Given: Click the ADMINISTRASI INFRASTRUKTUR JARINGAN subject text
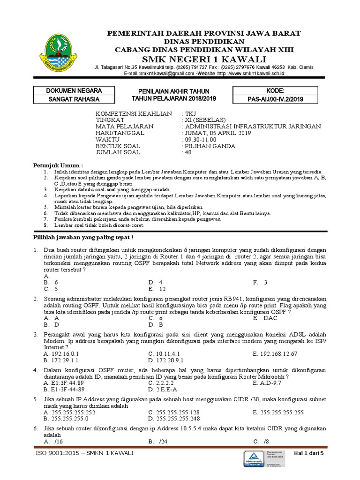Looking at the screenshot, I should pyautogui.click(x=253, y=127).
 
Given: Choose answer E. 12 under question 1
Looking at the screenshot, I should pyautogui.click(x=157, y=289).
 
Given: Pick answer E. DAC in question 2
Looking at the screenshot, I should pyautogui.click(x=265, y=318).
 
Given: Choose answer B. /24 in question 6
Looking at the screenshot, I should pyautogui.click(x=157, y=442).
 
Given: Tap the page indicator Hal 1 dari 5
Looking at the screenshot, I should pyautogui.click(x=311, y=453).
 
